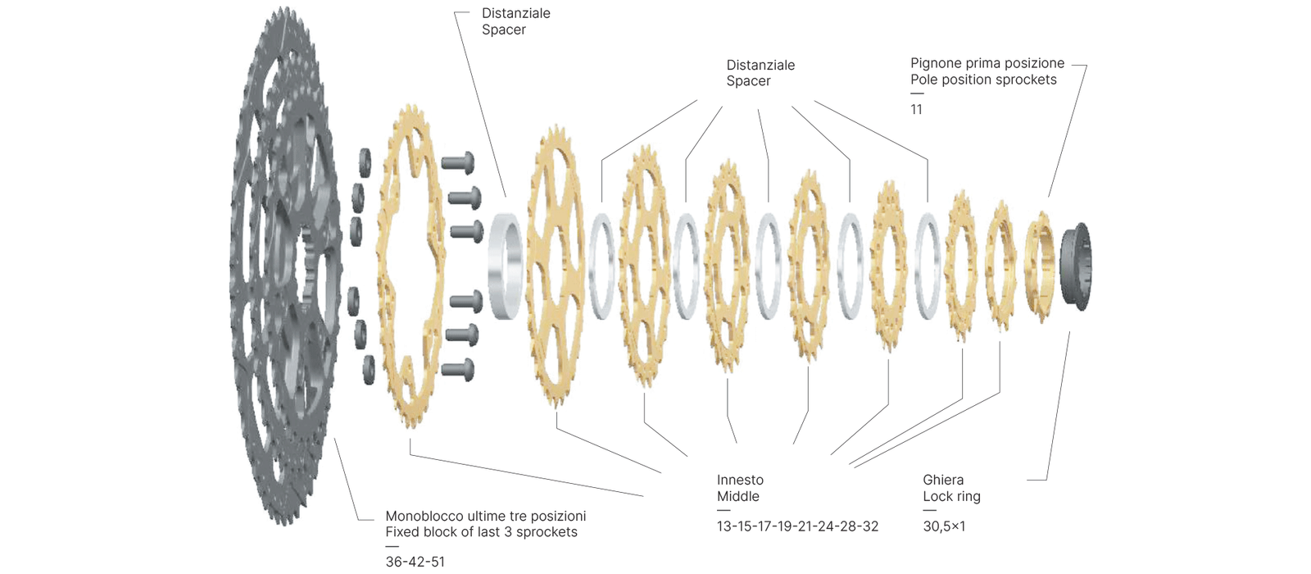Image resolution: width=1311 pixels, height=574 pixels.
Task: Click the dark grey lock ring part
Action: tap(1076, 267)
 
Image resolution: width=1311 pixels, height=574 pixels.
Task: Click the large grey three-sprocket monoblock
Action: tap(283, 262)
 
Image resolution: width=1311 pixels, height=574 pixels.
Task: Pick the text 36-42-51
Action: tap(415, 562)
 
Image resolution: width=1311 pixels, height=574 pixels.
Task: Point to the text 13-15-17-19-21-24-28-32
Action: tap(797, 526)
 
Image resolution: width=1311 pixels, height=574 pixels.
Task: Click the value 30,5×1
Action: tap(944, 526)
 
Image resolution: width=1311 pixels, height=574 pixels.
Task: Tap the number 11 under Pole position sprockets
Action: tap(916, 109)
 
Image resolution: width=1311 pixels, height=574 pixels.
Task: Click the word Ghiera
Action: tap(943, 480)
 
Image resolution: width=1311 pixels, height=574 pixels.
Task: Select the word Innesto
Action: tap(740, 480)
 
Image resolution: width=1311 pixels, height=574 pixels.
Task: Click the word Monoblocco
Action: tap(424, 516)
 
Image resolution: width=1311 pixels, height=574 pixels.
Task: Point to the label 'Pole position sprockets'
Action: tap(983, 80)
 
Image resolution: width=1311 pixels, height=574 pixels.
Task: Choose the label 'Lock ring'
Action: tap(951, 496)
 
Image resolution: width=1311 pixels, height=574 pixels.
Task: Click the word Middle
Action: tap(737, 496)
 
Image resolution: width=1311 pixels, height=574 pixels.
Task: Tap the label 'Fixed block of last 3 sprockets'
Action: tap(481, 532)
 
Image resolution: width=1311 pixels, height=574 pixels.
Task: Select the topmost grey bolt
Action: tap(457, 162)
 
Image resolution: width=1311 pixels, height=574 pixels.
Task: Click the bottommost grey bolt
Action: tap(457, 369)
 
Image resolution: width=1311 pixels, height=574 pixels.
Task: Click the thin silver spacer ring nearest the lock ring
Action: tap(928, 266)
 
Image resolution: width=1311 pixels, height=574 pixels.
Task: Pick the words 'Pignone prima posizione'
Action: tap(987, 63)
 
